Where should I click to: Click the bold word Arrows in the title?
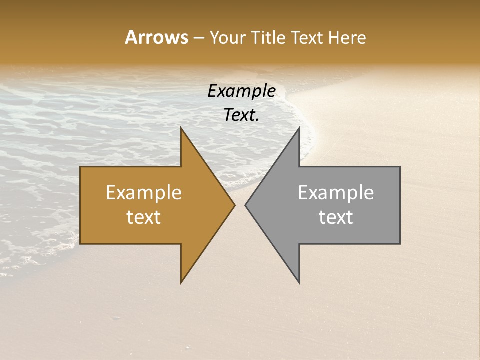(156, 37)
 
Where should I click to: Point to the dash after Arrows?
(198, 38)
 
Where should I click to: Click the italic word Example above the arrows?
(241, 91)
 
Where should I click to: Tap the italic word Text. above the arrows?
(241, 115)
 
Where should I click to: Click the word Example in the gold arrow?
(143, 193)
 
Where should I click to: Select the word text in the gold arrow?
(143, 217)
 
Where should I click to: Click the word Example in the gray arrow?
(336, 193)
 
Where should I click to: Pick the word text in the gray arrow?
(336, 217)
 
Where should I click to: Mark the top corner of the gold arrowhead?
(181, 129)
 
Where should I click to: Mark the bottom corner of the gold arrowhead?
(181, 282)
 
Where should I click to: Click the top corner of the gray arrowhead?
(299, 129)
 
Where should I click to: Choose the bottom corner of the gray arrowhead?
(299, 282)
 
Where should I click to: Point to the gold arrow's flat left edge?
(81, 205)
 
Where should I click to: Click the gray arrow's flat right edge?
(399, 205)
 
